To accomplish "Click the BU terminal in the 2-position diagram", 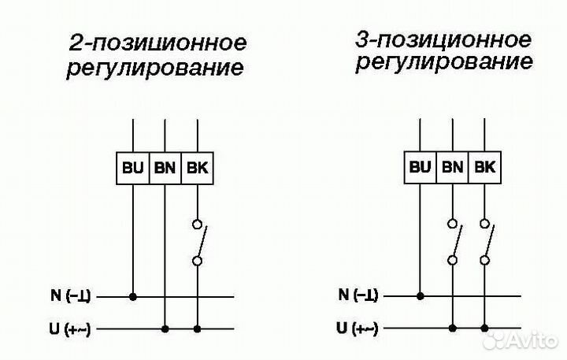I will [x=132, y=167].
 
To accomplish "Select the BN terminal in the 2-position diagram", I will [x=165, y=167].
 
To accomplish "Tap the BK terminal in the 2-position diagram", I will [x=197, y=167].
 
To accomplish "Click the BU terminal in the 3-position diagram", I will [x=421, y=166].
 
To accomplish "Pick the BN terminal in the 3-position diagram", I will [x=453, y=166].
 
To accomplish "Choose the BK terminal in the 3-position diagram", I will [x=485, y=166].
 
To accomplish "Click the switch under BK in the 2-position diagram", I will [x=199, y=242].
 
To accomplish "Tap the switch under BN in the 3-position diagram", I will [x=455, y=242].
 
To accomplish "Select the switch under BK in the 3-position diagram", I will [x=487, y=242].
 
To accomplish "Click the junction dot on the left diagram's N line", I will [x=132, y=297].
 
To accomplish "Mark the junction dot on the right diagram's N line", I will [x=421, y=296].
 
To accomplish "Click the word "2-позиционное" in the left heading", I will [x=157, y=42].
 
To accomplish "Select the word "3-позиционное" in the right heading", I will [x=443, y=39].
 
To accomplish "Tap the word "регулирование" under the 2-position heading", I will [x=154, y=68].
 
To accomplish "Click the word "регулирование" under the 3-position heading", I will [x=443, y=63].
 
